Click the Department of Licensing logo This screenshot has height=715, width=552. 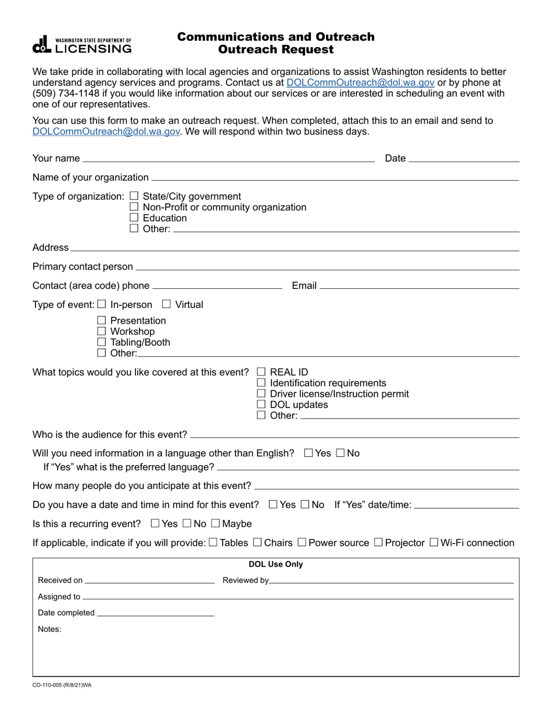[82, 45]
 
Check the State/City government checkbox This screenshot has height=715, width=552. [134, 196]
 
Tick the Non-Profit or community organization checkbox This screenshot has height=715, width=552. [134, 207]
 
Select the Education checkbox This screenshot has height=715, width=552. [134, 218]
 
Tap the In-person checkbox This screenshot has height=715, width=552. [102, 304]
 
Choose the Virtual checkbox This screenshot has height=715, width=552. [167, 304]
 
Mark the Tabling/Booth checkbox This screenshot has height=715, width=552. [102, 342]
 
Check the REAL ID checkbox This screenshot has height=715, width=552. [261, 372]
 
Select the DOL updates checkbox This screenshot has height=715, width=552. [261, 405]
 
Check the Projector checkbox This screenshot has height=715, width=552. [378, 542]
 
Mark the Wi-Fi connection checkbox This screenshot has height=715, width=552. [433, 542]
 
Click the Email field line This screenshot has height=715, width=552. [419, 285]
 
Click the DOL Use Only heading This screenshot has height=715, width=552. [275, 564]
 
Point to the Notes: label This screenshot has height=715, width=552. [49, 629]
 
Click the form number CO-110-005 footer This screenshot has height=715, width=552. [62, 685]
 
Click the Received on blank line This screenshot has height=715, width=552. [149, 580]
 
